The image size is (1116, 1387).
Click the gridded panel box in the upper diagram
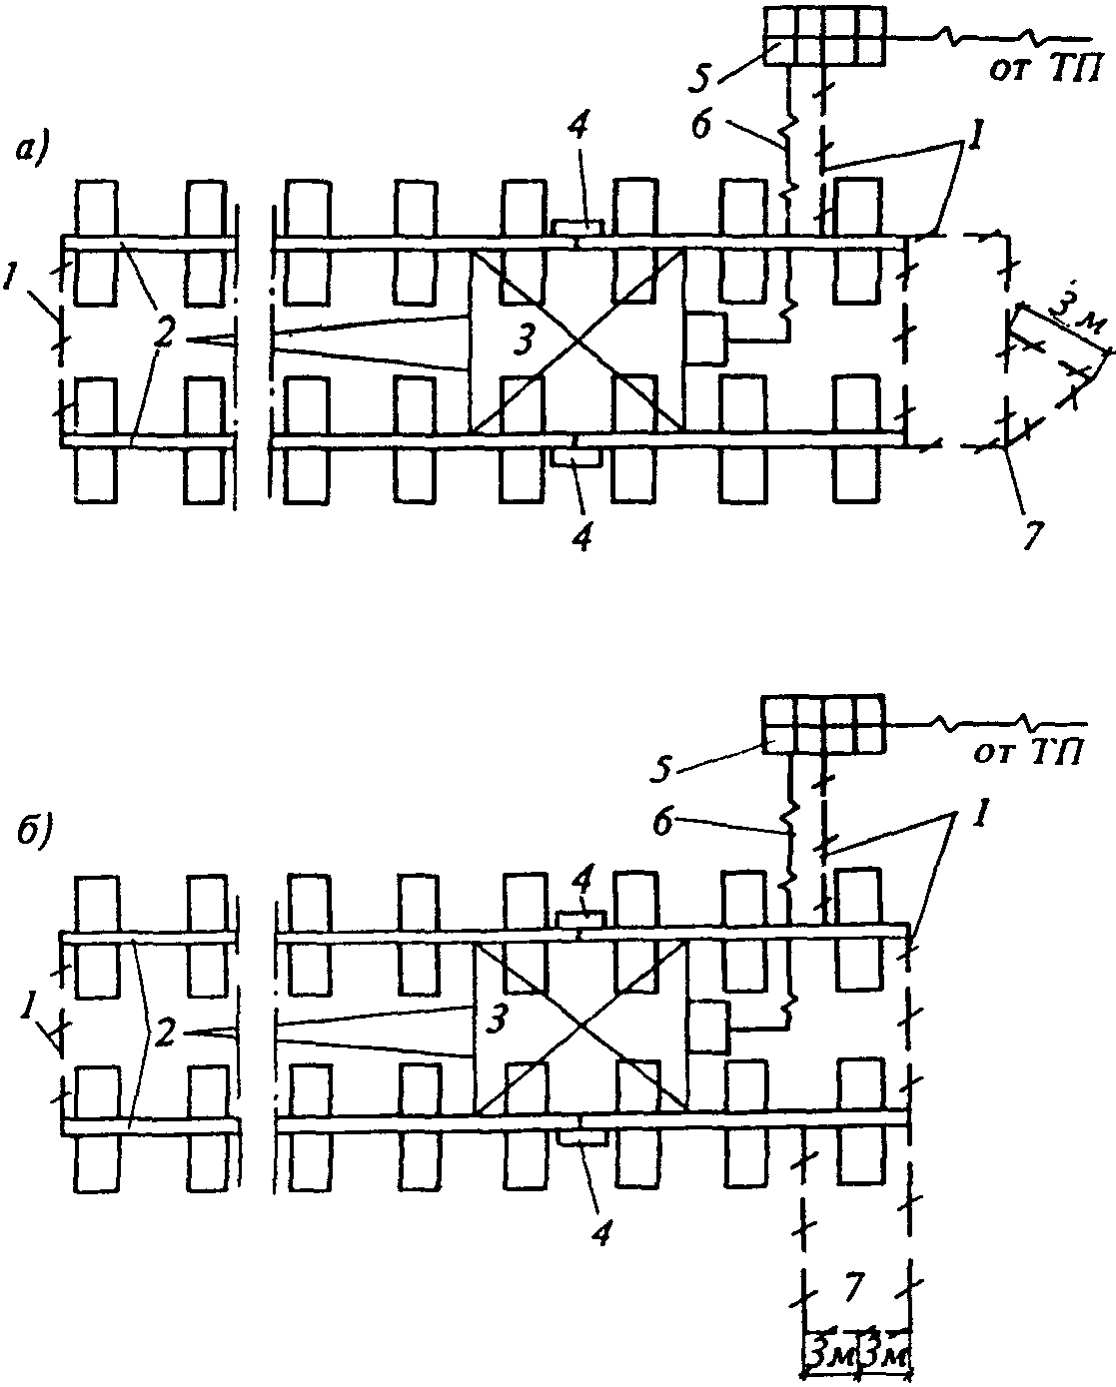tap(824, 37)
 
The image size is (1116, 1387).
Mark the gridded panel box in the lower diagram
tap(822, 724)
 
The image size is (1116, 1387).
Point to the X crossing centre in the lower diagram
tap(579, 1028)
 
